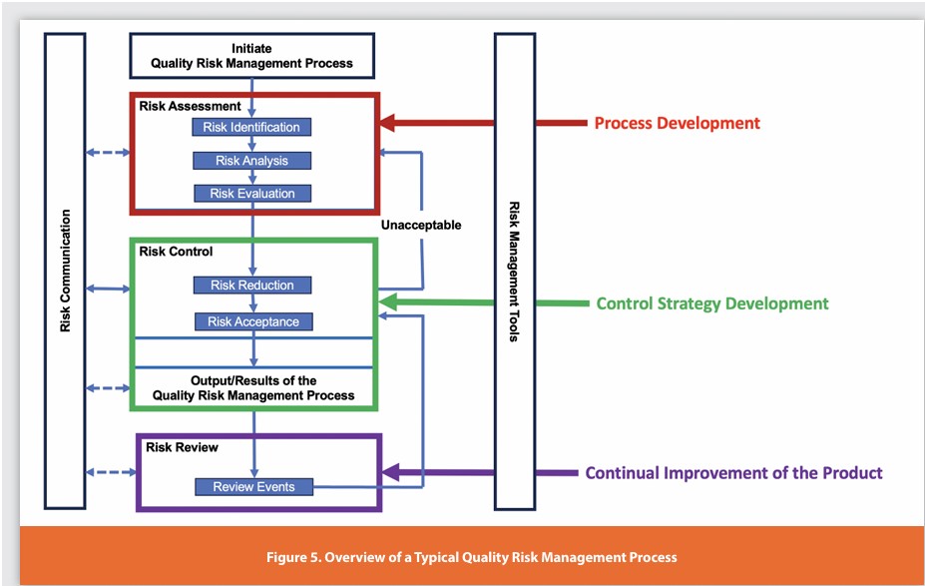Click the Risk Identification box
251,127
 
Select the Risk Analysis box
251,161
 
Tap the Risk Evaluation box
251,194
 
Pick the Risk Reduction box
251,286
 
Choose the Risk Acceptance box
252,321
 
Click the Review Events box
252,487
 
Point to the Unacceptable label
421,226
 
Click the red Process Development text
677,124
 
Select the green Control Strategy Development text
711,303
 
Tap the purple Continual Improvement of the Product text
733,473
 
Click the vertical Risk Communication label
66,271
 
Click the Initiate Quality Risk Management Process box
251,56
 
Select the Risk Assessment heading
191,106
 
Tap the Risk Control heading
177,252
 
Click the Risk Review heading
182,447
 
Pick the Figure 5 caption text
471,557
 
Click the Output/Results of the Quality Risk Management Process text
253,388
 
